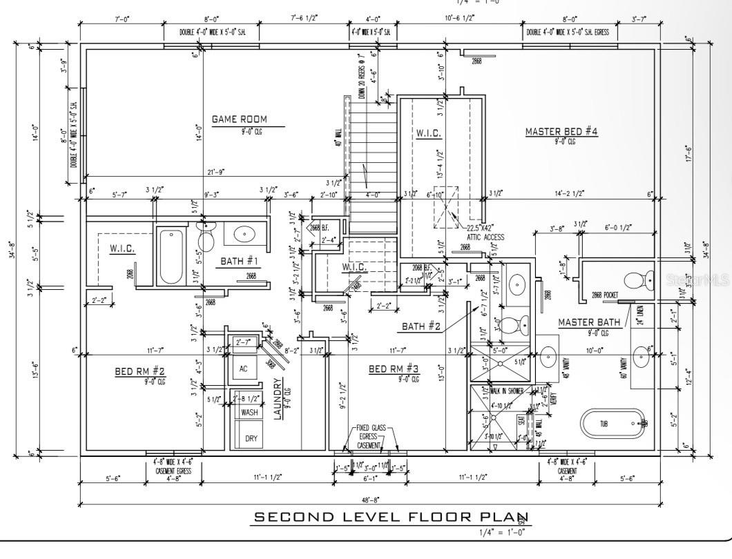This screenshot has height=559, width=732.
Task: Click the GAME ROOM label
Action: coord(239,119)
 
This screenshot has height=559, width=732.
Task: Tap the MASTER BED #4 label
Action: coord(561,132)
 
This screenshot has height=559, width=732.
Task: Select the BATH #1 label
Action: coord(239,261)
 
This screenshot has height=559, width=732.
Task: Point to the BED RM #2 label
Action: coord(140,371)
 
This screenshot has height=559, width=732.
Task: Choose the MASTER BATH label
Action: coord(589,322)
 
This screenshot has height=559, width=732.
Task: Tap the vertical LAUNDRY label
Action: coord(278,398)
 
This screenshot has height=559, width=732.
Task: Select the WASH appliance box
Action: coord(249,412)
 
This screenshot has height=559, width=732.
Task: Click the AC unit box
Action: coord(244,369)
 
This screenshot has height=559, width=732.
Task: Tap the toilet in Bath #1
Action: coord(206,238)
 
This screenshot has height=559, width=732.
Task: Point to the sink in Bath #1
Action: coord(244,235)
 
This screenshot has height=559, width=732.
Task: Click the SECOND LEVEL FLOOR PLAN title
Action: coord(391,517)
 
